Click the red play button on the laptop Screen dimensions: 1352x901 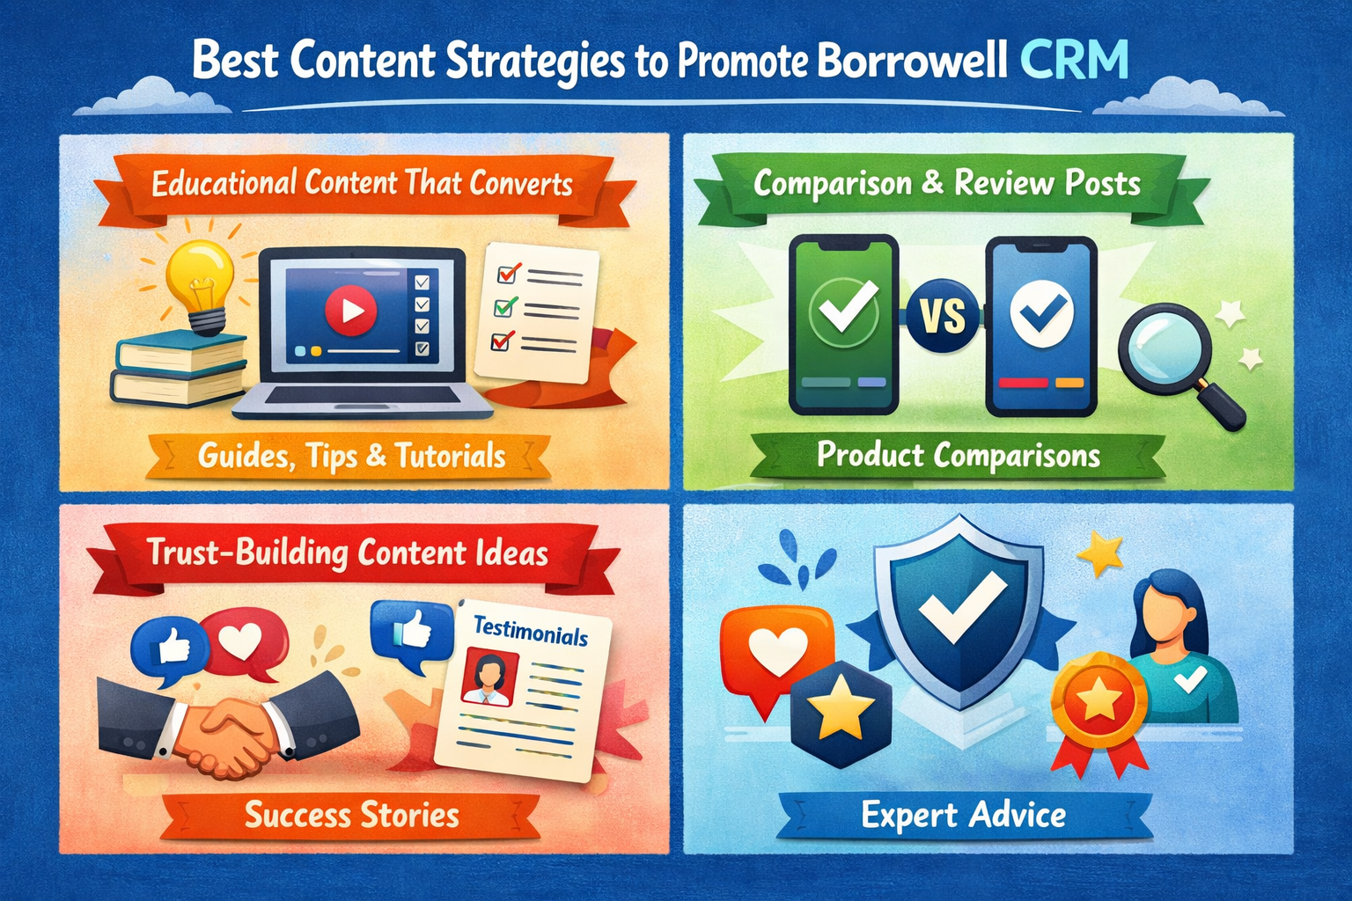coord(350,311)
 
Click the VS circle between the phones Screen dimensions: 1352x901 coord(944,315)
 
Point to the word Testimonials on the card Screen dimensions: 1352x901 coord(531,631)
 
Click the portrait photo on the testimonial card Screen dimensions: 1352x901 coord(489,677)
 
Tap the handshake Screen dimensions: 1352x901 coord(230,723)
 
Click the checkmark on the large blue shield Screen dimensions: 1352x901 coord(962,605)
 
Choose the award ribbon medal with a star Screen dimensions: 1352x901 coord(1099,712)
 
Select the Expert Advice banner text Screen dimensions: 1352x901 coord(963,815)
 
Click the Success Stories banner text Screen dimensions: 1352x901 coord(352,815)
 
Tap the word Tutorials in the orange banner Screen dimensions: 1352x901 coord(451,457)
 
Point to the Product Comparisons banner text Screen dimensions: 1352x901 coord(959,455)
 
